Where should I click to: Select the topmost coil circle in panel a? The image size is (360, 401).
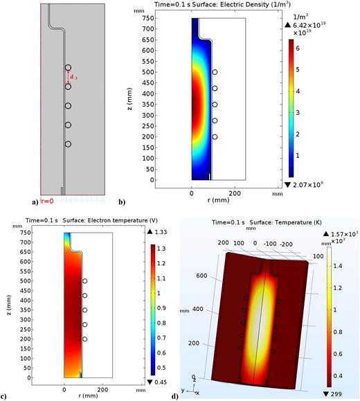(68, 68)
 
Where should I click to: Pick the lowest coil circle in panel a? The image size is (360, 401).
(68, 144)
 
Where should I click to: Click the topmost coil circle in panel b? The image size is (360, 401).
(215, 72)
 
